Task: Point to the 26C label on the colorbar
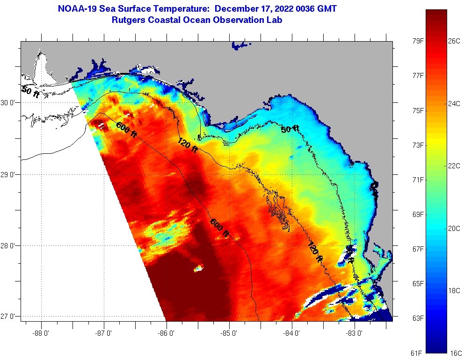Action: (x=454, y=41)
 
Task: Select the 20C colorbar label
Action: (x=454, y=228)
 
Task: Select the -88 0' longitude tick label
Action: (x=41, y=334)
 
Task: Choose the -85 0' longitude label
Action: (x=229, y=334)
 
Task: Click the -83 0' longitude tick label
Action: (x=355, y=334)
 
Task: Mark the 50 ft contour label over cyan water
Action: (x=290, y=129)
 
